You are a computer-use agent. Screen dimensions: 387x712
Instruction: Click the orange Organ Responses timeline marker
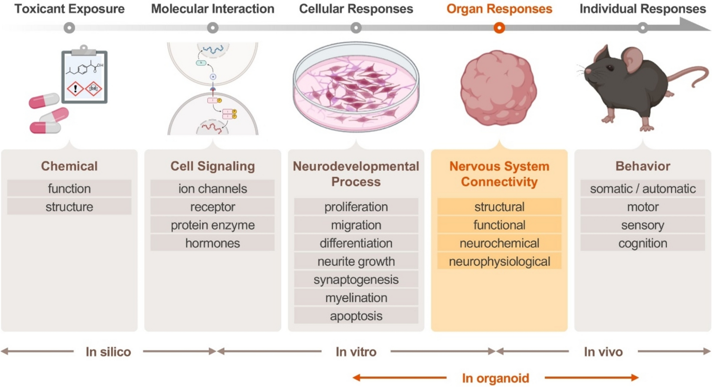pyautogui.click(x=499, y=28)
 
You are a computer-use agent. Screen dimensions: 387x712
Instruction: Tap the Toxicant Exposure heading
pyautogui.click(x=69, y=9)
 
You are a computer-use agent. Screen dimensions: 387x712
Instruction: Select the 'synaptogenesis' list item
pyautogui.click(x=356, y=280)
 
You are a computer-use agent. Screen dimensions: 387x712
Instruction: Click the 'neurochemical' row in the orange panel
pyautogui.click(x=499, y=243)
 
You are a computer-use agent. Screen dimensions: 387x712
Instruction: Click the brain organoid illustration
pyautogui.click(x=498, y=88)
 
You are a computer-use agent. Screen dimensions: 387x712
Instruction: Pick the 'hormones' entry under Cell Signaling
pyautogui.click(x=212, y=243)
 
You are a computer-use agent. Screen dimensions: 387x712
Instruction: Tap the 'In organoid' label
pyautogui.click(x=495, y=378)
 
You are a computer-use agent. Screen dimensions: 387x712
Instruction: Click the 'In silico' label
pyautogui.click(x=108, y=352)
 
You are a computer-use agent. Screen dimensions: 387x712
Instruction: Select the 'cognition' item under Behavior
pyautogui.click(x=642, y=243)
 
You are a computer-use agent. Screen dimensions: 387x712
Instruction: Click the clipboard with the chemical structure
pyautogui.click(x=84, y=76)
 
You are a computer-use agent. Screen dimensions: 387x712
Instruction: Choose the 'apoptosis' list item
pyautogui.click(x=356, y=316)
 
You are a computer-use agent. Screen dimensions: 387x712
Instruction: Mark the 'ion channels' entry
pyautogui.click(x=212, y=189)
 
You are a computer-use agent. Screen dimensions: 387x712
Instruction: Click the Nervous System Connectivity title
pyautogui.click(x=499, y=174)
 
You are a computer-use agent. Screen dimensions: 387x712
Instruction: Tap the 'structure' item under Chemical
pyautogui.click(x=69, y=207)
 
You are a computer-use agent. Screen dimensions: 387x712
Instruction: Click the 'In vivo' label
pyautogui.click(x=603, y=352)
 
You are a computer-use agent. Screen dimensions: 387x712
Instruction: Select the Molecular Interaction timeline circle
pyautogui.click(x=212, y=28)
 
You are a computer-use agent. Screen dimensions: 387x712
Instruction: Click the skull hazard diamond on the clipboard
pyautogui.click(x=93, y=89)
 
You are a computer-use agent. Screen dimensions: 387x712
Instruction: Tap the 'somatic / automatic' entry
pyautogui.click(x=642, y=189)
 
